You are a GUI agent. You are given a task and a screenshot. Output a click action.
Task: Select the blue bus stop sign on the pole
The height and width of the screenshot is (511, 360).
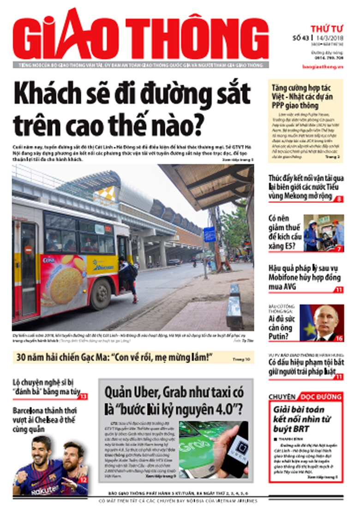click(x=209, y=235)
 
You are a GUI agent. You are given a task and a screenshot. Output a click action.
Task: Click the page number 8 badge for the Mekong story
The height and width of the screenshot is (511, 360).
click(x=339, y=199)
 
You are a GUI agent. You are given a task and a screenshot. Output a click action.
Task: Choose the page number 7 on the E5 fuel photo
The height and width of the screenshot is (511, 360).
click(x=339, y=249)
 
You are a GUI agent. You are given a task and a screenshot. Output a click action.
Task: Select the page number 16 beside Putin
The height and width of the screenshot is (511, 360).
click(x=339, y=338)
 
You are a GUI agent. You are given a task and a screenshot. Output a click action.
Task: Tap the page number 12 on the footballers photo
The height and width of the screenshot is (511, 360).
click(x=83, y=480)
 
